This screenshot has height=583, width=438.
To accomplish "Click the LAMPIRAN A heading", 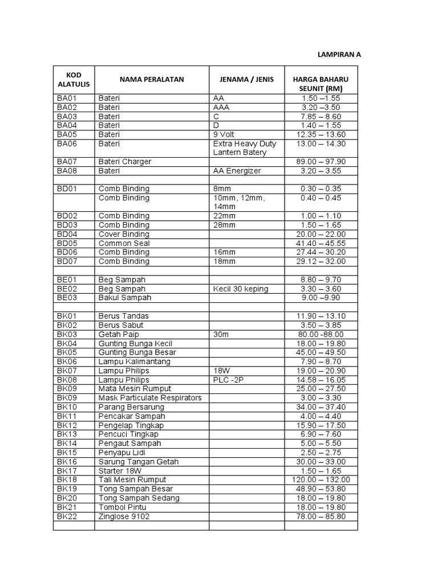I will [339, 55].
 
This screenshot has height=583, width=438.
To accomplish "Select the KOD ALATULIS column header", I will [74, 80].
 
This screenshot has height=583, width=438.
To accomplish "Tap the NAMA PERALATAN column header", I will [151, 80].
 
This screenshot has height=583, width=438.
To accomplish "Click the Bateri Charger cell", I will [125, 162].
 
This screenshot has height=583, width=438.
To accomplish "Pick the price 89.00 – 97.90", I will [321, 162].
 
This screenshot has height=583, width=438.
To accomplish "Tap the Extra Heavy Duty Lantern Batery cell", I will [245, 148].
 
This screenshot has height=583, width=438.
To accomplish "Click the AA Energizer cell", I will [237, 170].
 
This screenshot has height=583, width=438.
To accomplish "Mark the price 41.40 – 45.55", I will [321, 243].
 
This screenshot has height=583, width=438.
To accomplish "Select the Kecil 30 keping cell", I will [240, 289].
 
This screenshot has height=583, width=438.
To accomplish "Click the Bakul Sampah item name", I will [125, 298].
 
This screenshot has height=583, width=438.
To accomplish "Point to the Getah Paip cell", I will [119, 334].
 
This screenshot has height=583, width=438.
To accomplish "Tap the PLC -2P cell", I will [228, 380].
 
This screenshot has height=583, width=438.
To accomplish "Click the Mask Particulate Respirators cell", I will [151, 398].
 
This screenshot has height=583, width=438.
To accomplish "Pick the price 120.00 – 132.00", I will [321, 480].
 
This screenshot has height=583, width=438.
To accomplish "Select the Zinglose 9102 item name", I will [124, 516].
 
